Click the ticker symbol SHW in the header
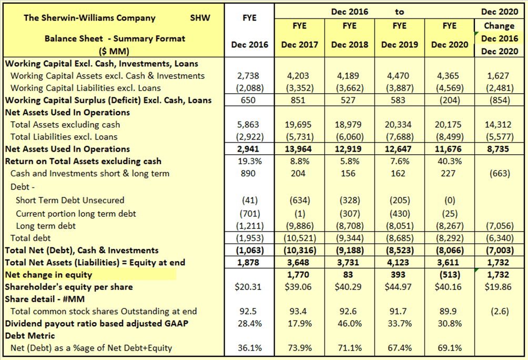(200, 18)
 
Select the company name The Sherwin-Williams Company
(89, 18)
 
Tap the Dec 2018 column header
(350, 45)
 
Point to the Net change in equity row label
(48, 274)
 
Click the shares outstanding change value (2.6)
(499, 311)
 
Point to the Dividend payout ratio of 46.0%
(350, 324)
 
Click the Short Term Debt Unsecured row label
(70, 200)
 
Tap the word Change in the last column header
(499, 26)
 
